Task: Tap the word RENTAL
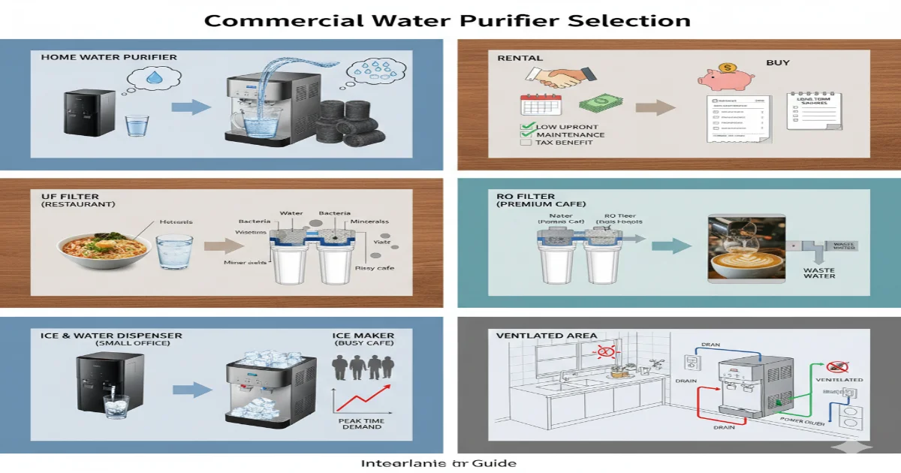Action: click(515, 58)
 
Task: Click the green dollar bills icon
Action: click(595, 104)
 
